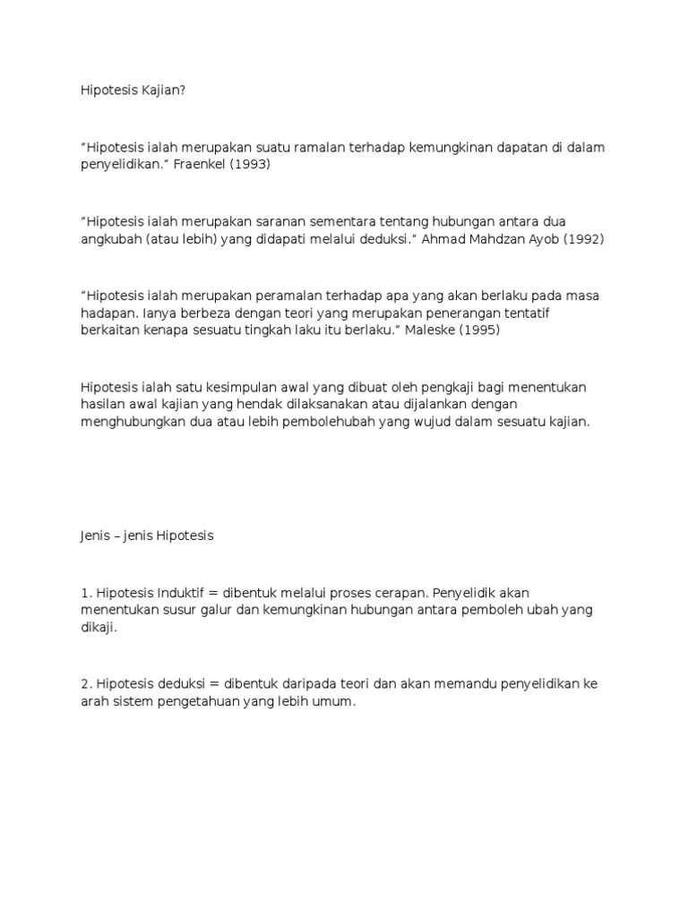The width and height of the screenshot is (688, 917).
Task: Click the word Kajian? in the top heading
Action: pyautogui.click(x=162, y=90)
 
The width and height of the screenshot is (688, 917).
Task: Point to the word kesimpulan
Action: pyautogui.click(x=224, y=386)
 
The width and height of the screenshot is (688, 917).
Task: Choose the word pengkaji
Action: pyautogui.click(x=435, y=386)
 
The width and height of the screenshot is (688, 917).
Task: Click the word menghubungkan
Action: pyautogui.click(x=128, y=423)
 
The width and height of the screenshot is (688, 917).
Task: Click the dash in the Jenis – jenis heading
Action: pyautogui.click(x=116, y=536)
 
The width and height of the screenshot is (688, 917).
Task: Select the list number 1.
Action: pyautogui.click(x=84, y=592)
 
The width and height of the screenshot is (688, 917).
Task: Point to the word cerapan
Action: pyautogui.click(x=410, y=592)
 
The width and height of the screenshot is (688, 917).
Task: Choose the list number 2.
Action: pyautogui.click(x=84, y=684)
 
